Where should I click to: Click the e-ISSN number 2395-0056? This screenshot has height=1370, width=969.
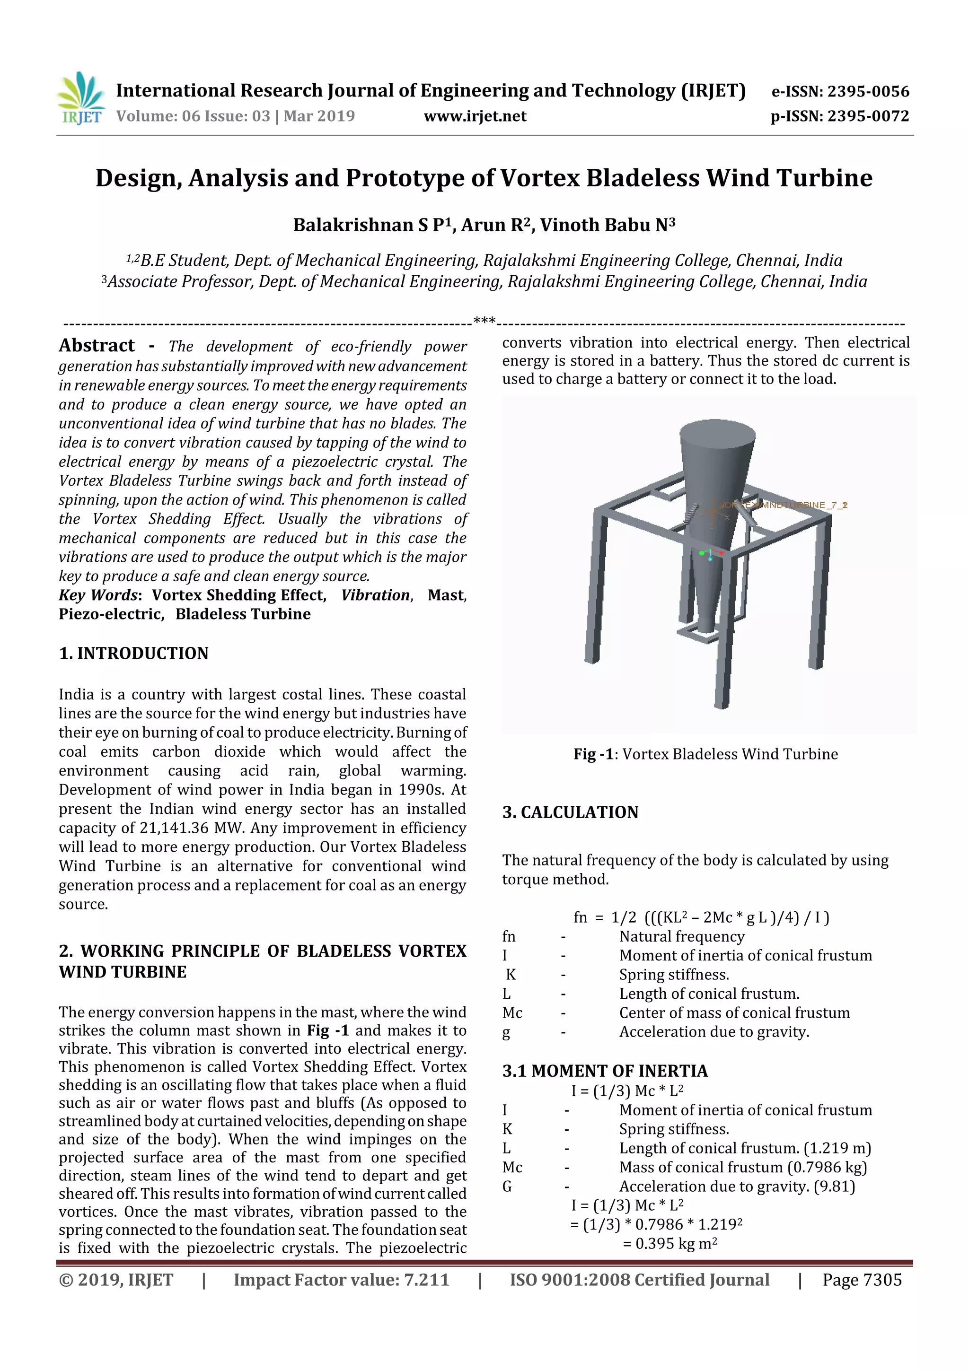click(868, 91)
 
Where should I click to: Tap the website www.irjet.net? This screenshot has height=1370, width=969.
click(475, 116)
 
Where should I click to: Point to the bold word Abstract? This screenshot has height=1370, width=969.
click(97, 346)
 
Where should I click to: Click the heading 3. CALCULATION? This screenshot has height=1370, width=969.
click(570, 812)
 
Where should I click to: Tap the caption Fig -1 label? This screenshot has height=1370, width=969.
click(593, 754)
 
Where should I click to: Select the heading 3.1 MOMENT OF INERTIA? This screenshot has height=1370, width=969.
click(605, 1071)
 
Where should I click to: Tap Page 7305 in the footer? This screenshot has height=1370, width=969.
click(862, 1280)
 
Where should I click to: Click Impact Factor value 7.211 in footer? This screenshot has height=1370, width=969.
click(341, 1280)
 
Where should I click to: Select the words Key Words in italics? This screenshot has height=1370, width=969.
click(98, 595)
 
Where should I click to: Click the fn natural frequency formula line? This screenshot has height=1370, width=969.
click(701, 917)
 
